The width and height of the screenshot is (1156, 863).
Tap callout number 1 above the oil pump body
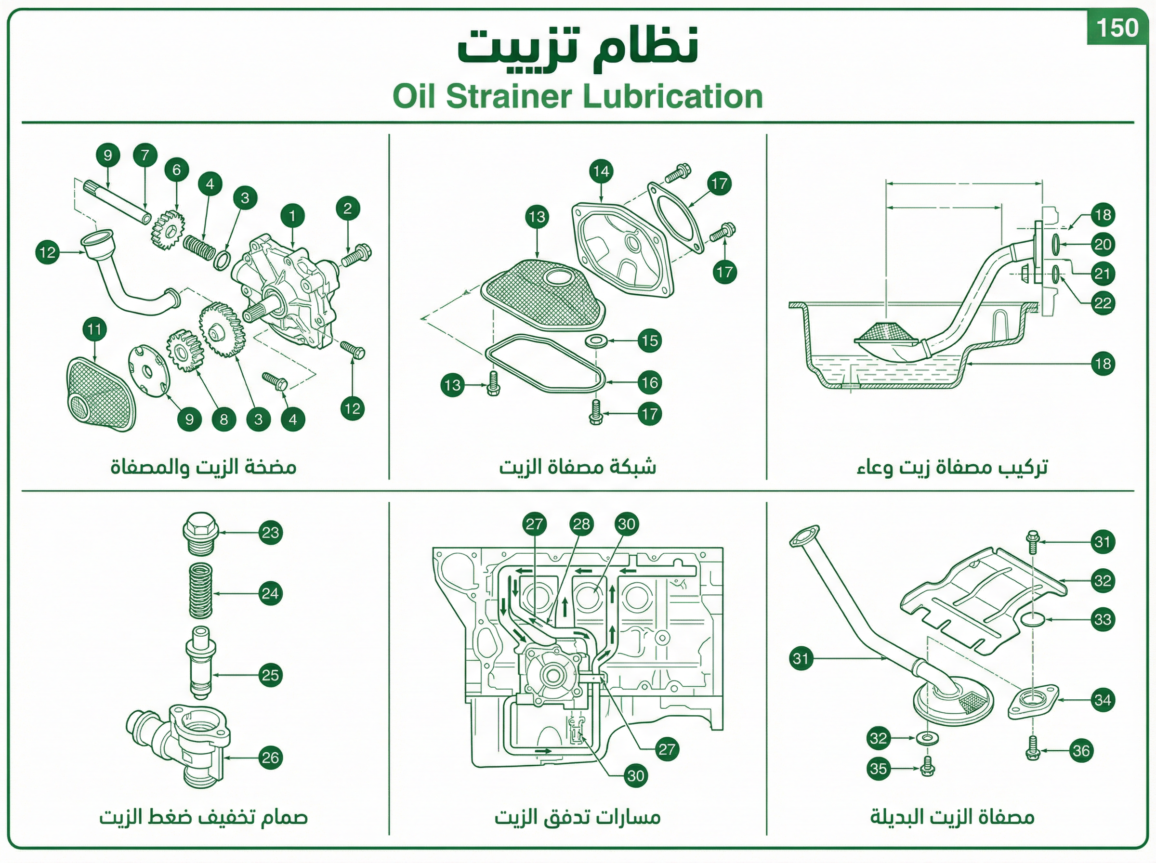coord(292,216)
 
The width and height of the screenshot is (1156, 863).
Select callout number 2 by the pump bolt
coord(348,209)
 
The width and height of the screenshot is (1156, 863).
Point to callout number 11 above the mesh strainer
coord(94,329)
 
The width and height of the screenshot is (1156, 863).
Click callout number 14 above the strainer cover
coord(601,171)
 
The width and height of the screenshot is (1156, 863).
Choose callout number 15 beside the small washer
coord(649,341)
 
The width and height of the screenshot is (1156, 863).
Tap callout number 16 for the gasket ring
coord(649,383)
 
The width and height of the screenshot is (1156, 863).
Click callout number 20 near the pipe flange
coord(1103,245)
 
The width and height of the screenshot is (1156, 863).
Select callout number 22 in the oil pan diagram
coord(1103,303)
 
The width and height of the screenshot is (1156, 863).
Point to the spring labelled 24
coord(200,590)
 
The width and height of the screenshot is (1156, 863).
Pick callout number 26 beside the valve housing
coord(271,758)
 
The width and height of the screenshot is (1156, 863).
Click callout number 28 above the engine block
coord(581,524)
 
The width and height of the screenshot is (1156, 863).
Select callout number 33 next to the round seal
coord(1103,620)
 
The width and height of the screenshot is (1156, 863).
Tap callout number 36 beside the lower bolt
coord(1081,751)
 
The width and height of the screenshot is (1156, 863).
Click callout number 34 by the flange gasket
coord(1103,700)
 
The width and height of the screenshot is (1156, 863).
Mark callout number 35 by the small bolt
coord(879,769)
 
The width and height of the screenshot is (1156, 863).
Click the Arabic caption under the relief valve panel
coord(204,816)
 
